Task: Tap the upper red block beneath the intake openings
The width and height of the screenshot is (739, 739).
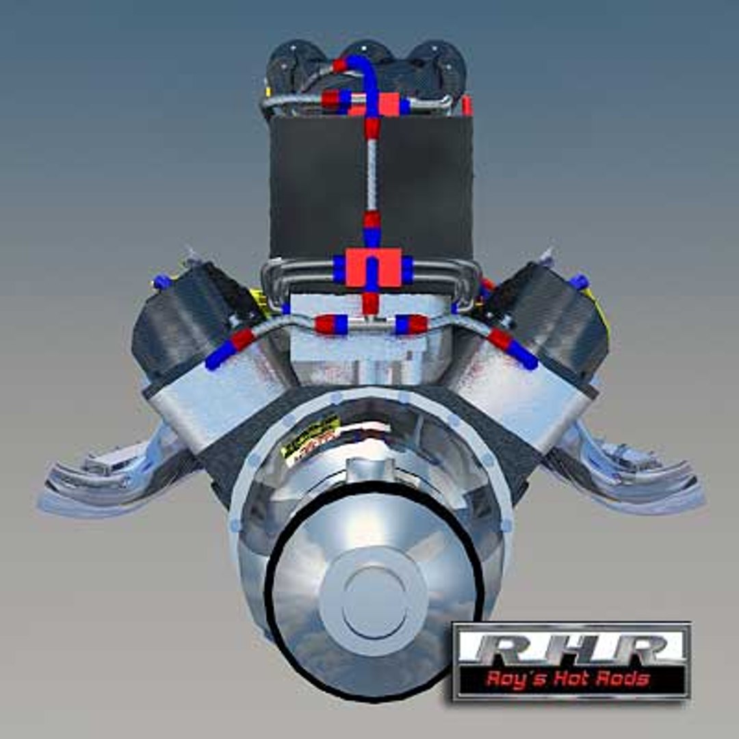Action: click(x=387, y=104)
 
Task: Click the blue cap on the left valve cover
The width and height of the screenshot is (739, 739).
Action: click(x=161, y=281)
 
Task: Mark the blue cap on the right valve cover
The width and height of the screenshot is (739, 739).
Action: click(x=579, y=281)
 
